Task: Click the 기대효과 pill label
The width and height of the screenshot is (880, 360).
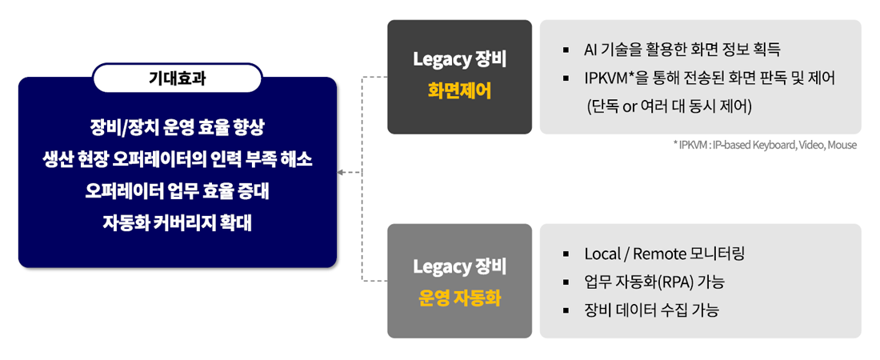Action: point(178,78)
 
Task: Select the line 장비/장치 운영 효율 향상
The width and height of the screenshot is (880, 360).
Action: point(178,127)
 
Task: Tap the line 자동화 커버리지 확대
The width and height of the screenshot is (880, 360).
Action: point(178,222)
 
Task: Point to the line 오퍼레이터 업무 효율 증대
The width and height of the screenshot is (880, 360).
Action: point(178,190)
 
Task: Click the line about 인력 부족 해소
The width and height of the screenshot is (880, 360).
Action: point(178,159)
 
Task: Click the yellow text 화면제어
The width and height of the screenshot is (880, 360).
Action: point(459,91)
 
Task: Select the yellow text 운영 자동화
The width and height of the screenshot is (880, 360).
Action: point(459,298)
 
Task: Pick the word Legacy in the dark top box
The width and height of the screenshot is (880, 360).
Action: point(442,59)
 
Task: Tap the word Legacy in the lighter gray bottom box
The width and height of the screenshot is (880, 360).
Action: point(442,266)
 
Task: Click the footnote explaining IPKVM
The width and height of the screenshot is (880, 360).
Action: point(766,145)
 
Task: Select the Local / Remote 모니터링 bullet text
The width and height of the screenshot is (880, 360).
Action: point(665,254)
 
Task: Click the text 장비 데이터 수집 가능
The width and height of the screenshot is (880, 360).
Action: point(651,310)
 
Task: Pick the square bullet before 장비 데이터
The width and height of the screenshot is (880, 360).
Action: point(566,310)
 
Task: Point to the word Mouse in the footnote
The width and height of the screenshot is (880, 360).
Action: point(842,145)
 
